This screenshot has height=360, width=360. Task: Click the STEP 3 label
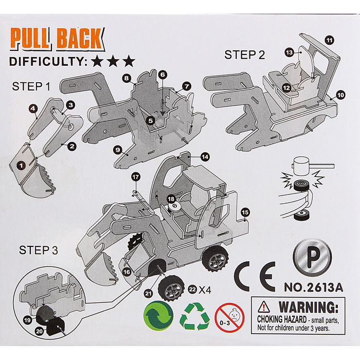pyautogui.click(x=38, y=251)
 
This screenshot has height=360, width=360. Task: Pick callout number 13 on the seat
pyautogui.click(x=290, y=52)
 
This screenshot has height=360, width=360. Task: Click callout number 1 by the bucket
pyautogui.click(x=21, y=165)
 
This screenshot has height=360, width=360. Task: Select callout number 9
pyautogui.click(x=118, y=150)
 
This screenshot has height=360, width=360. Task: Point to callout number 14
pyautogui.click(x=205, y=156)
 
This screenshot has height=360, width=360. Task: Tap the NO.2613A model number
pyautogui.click(x=313, y=289)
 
